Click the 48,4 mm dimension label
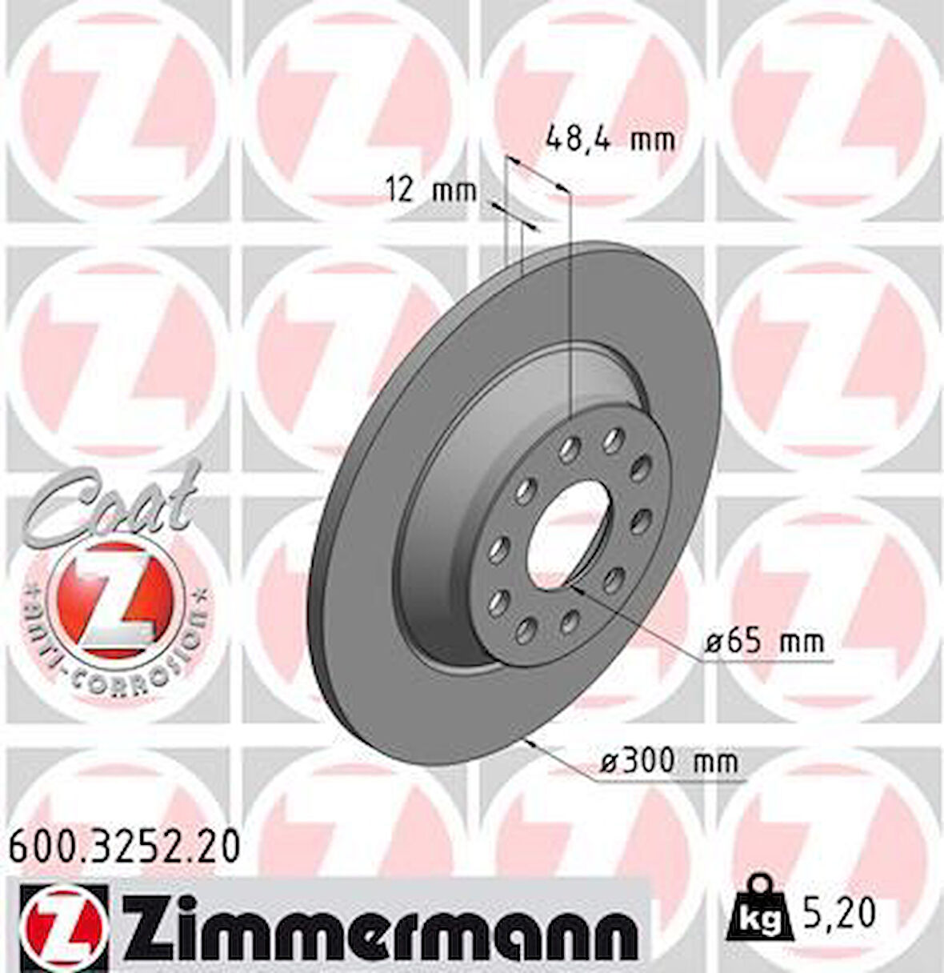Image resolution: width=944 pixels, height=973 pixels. coord(610,141)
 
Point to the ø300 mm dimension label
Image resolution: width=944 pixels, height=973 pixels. coord(670,761)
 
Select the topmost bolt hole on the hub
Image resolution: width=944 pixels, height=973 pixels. coord(614,437)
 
